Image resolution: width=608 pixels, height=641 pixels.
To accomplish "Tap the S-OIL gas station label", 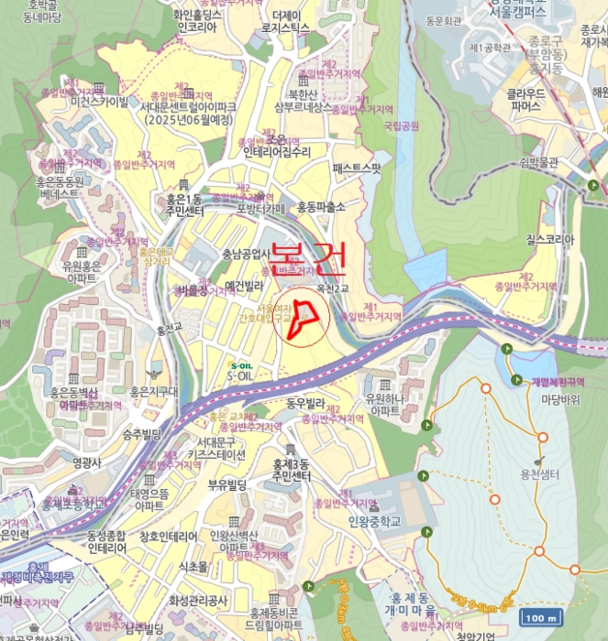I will click(240, 375).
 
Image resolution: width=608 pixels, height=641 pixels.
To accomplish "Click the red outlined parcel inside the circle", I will click(305, 320).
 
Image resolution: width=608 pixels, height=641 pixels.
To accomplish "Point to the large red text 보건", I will click(308, 257).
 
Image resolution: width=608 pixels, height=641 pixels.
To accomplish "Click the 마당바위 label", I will click(560, 399).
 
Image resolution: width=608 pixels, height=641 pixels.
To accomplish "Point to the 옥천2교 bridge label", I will click(334, 288).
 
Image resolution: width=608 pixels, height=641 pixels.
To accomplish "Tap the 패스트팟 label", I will click(356, 168).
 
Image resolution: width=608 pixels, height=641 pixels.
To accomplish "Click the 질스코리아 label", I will click(549, 240).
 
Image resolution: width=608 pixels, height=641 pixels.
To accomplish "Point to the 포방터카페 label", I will click(261, 208).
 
